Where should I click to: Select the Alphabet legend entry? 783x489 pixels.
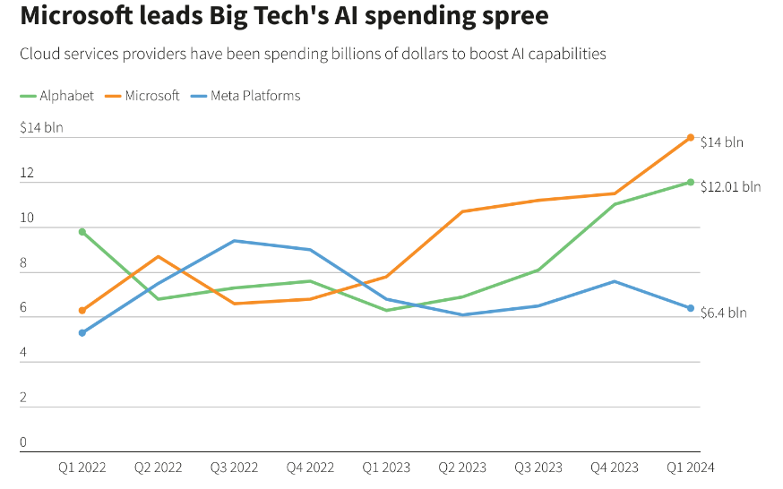[57, 96]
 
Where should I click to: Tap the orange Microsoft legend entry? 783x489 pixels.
[144, 96]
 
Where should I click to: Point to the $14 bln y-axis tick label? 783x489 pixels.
[41, 128]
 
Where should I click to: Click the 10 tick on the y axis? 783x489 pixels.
[27, 218]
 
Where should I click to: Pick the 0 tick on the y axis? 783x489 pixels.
[23, 442]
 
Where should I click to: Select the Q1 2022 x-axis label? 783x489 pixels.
[82, 467]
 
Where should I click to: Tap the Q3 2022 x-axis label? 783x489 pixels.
[234, 467]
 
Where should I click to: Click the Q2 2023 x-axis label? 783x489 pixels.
[462, 467]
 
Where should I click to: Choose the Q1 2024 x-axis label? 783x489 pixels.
[691, 467]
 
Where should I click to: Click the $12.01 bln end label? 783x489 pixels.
[730, 187]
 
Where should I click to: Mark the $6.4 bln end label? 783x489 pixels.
[723, 313]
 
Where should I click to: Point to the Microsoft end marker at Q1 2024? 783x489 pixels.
[691, 137]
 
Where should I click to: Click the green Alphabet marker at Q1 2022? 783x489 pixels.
[82, 232]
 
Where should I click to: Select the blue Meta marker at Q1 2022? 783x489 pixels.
[82, 332]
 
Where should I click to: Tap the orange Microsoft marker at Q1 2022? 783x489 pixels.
[82, 310]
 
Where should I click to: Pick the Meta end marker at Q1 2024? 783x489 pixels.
[691, 308]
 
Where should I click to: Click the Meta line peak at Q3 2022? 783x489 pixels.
[235, 241]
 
